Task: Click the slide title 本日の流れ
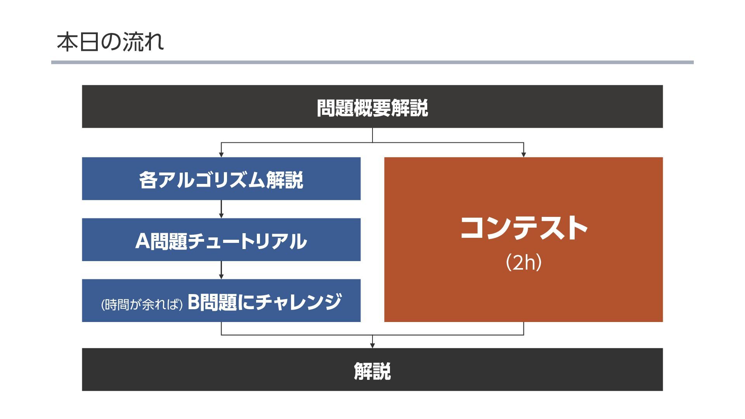111,42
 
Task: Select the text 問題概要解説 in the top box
372,108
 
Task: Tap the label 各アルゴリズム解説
221,180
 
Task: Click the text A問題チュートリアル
221,241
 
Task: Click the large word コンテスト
523,228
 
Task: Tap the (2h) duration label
523,263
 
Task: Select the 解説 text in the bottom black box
372,371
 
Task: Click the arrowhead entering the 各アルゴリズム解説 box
221,154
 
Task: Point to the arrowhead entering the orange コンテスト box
523,154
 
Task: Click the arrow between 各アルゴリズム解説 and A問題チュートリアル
221,209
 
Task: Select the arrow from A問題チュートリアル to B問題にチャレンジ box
221,270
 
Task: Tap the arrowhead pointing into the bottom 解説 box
372,345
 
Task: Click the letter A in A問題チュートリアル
142,241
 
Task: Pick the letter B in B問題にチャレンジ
194,302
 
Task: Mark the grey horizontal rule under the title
372,62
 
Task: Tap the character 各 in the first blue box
148,180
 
